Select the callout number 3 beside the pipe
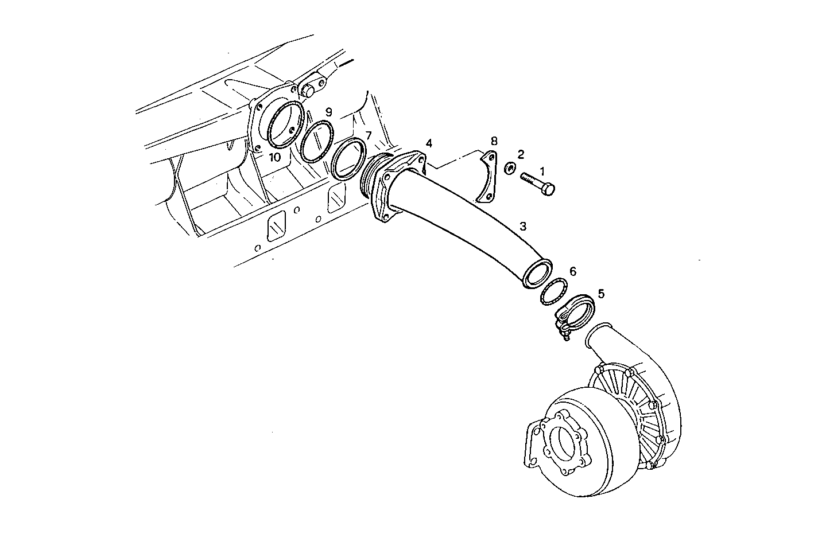tap(522, 226)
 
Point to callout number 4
tap(429, 143)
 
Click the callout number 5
tap(601, 294)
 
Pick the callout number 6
tap(572, 271)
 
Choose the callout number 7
tap(369, 135)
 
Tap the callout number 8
tap(494, 141)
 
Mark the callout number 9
tap(328, 112)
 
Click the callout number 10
tap(275, 157)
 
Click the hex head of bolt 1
tap(549, 189)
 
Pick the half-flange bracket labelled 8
tap(487, 178)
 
